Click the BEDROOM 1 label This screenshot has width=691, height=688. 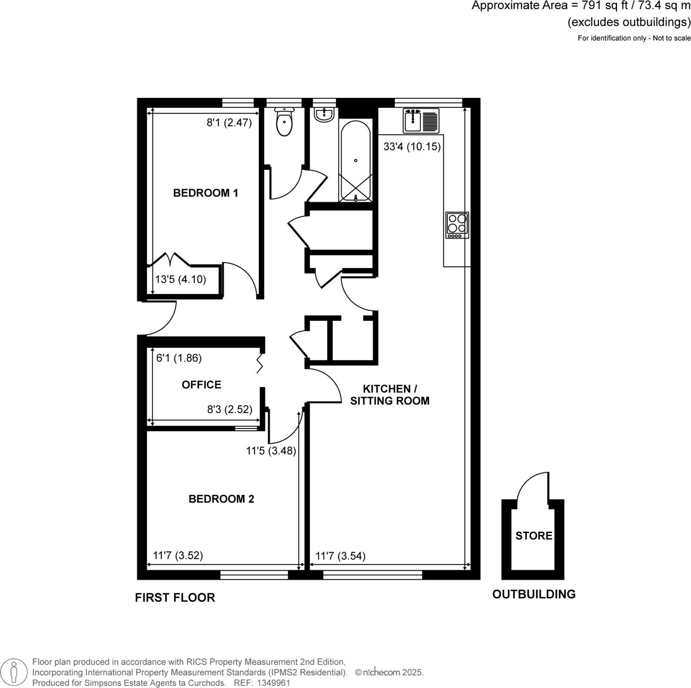tap(205, 193)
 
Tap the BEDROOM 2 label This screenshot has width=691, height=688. tap(221, 499)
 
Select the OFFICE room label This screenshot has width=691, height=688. tap(201, 385)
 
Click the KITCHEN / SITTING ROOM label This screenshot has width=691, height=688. tap(389, 395)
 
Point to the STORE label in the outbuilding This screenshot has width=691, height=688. tap(533, 536)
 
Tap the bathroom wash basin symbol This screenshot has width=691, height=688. tap(324, 115)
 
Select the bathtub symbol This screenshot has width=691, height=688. tap(356, 161)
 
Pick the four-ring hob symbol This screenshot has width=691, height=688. tap(457, 225)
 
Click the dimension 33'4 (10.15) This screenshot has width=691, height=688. tap(412, 147)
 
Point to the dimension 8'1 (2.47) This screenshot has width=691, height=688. tap(229, 123)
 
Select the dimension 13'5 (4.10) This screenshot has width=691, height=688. tap(180, 279)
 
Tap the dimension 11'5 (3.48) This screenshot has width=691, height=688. tap(271, 451)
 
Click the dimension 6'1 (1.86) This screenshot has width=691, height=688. tap(179, 358)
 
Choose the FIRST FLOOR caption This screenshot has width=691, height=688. tap(175, 597)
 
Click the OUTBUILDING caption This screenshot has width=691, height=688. tap(533, 594)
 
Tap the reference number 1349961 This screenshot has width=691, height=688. tap(274, 683)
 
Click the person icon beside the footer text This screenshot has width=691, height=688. tap(15, 672)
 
